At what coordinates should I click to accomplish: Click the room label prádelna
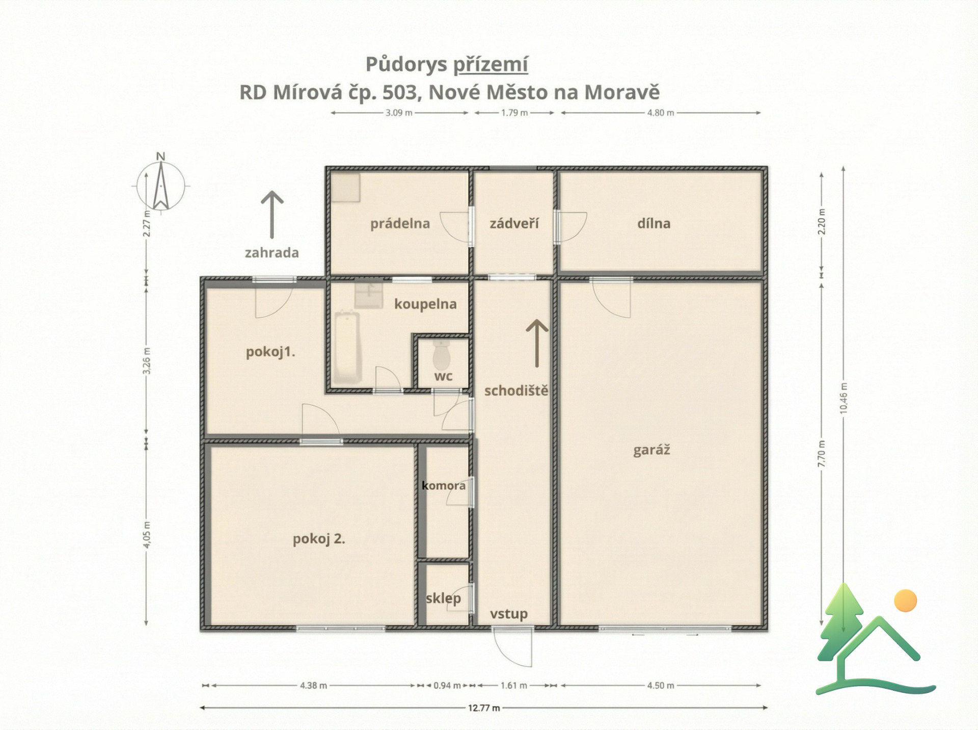coord(400,224)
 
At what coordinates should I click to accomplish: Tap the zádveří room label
coord(514,223)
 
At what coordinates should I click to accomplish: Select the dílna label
coord(654,223)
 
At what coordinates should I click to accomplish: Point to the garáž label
coord(651,450)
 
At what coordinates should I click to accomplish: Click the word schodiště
coord(516,391)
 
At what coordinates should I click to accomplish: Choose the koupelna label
coord(425,304)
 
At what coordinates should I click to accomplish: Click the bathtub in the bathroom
coord(347,347)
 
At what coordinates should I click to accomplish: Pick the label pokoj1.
coord(270,352)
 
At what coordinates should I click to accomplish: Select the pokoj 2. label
coord(319,539)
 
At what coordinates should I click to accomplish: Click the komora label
coord(444,485)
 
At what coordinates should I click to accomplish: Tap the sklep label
coord(443,598)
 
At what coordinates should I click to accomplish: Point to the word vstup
coord(508,614)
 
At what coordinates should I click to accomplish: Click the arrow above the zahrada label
coord(272,215)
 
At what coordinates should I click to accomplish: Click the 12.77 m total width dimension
coord(484,708)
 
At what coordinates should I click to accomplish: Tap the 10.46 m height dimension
coord(844,399)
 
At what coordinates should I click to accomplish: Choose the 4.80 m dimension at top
coord(661,113)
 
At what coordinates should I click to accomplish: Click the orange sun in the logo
coord(905,601)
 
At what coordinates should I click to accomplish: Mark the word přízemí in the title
coord(491,65)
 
